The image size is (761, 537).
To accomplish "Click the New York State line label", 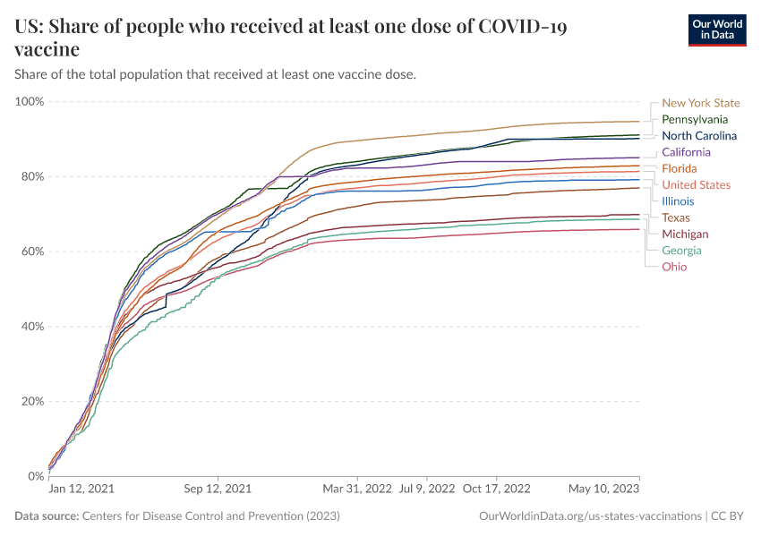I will [701, 103].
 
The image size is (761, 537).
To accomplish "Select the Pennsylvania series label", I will [695, 119].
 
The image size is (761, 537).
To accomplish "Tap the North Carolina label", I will [699, 136].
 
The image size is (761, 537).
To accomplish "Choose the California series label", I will [686, 152].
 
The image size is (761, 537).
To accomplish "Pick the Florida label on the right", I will [679, 168].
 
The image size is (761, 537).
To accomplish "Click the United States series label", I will [697, 185].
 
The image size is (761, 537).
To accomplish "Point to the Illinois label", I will [678, 201].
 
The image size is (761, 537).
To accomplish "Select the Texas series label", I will [676, 217].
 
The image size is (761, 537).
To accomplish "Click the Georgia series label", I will [681, 251].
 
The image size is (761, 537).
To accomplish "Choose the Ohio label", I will [674, 267].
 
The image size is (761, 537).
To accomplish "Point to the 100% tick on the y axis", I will [30, 101].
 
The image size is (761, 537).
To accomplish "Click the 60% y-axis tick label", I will [32, 251].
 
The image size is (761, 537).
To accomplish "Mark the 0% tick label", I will [36, 476].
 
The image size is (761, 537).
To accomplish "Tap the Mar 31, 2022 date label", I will [357, 490].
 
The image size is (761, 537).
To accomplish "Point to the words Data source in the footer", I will [47, 516].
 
